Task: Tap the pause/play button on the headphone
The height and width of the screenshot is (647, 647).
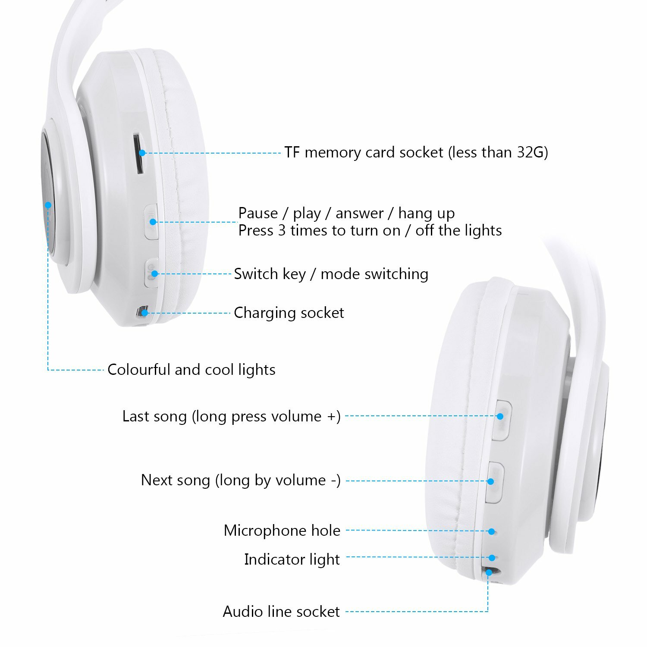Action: tap(151, 222)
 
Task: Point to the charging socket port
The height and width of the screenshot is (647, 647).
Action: tap(142, 312)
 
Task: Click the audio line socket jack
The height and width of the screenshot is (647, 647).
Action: tap(491, 572)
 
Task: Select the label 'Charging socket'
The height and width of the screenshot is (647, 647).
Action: tap(289, 313)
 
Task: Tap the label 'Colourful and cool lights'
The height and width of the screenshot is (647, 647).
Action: tap(191, 370)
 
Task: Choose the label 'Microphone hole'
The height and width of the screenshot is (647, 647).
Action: tap(282, 531)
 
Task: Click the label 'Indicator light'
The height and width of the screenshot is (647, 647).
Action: tap(292, 559)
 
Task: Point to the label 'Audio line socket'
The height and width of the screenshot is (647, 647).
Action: tap(281, 612)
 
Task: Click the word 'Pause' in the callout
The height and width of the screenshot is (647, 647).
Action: tap(258, 213)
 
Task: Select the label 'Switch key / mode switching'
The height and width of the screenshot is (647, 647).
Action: tap(331, 274)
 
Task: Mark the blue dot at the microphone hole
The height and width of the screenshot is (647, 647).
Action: tap(492, 531)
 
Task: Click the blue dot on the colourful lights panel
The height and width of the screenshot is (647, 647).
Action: tap(48, 205)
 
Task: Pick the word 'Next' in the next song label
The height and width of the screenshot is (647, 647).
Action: tap(157, 480)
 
